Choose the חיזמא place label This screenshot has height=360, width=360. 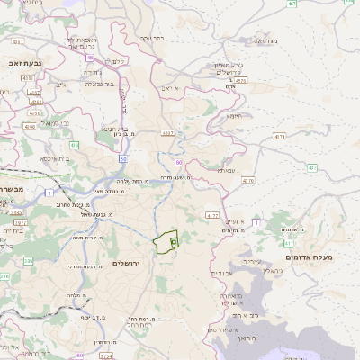(235, 115)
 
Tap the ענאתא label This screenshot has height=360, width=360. (225, 168)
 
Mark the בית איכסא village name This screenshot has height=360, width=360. (55, 158)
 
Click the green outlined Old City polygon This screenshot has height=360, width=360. (164, 243)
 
